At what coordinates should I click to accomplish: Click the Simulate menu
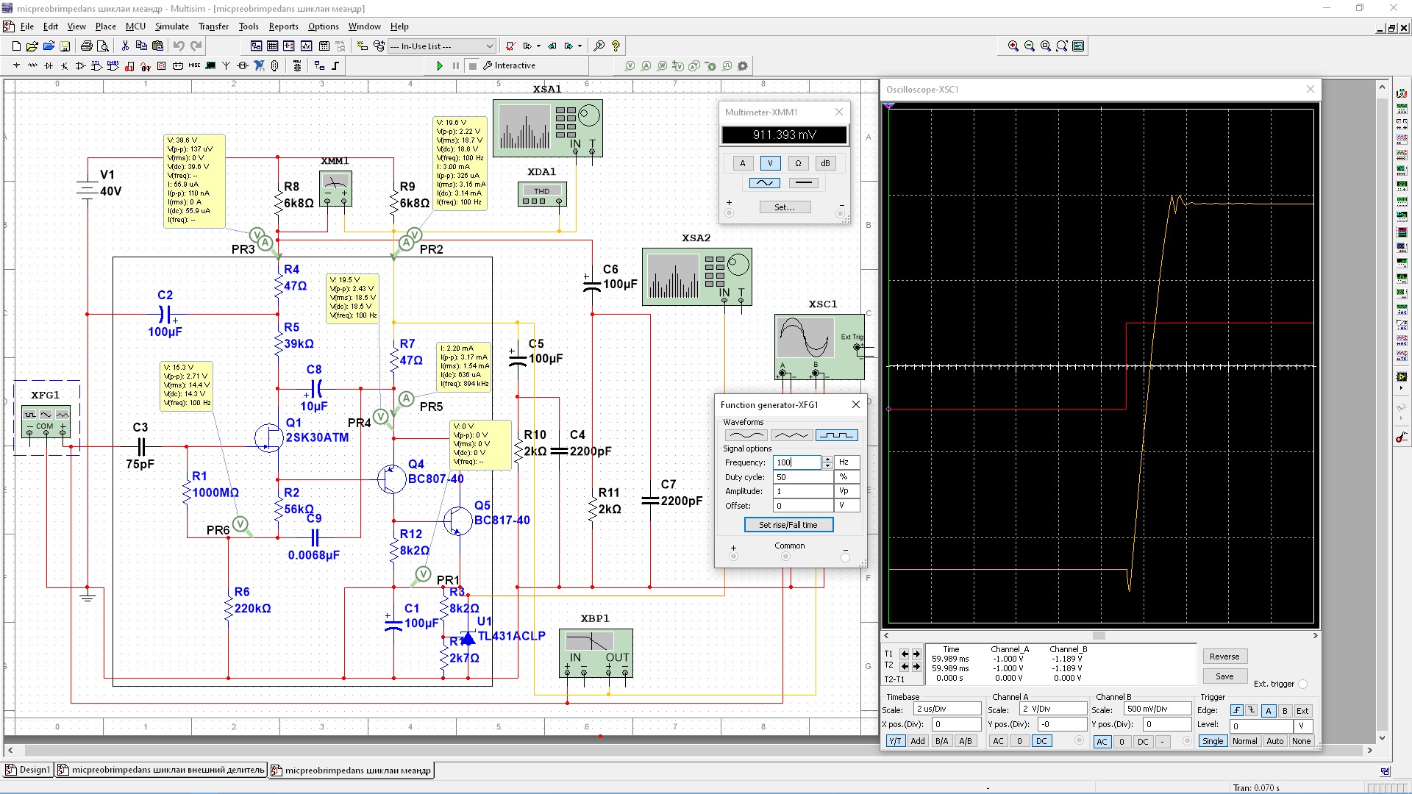pyautogui.click(x=171, y=26)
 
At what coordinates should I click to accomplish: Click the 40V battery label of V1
pyautogui.click(x=110, y=191)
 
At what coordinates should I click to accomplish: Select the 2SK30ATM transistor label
pyautogui.click(x=317, y=437)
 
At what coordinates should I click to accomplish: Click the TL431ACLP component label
pyautogui.click(x=512, y=636)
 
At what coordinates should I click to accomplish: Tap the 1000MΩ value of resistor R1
pyautogui.click(x=215, y=493)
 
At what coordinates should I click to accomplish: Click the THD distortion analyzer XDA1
pyautogui.click(x=542, y=194)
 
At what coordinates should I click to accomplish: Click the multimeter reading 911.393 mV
pyautogui.click(x=784, y=135)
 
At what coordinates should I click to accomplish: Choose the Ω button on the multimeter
pyautogui.click(x=798, y=163)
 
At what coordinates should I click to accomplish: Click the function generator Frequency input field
pyautogui.click(x=796, y=462)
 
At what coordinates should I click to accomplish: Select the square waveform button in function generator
pyautogui.click(x=836, y=435)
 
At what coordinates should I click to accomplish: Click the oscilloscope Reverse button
pyautogui.click(x=1224, y=657)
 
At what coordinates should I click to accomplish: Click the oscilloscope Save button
pyautogui.click(x=1224, y=676)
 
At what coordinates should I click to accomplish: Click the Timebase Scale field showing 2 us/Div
pyautogui.click(x=947, y=709)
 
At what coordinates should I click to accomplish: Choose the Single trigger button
pyautogui.click(x=1213, y=741)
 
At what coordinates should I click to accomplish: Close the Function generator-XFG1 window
pyautogui.click(x=856, y=404)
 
